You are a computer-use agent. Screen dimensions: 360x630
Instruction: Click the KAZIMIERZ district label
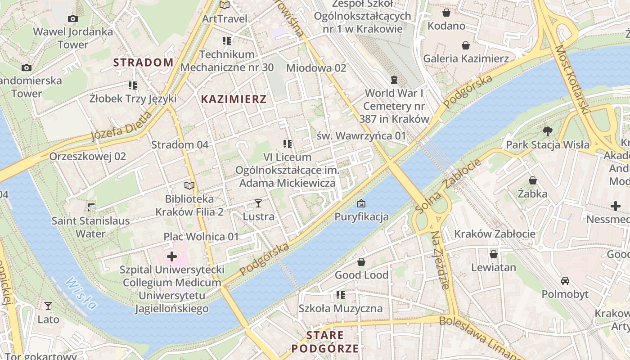point(234,99)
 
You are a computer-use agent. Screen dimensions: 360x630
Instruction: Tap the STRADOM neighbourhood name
point(143,63)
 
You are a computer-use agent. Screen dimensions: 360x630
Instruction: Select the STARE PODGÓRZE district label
point(325,342)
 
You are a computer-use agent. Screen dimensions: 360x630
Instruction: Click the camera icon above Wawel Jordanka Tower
point(72,18)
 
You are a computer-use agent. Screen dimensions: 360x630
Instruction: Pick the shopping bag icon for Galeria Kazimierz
point(466,45)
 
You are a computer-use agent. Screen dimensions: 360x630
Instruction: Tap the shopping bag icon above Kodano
point(446,13)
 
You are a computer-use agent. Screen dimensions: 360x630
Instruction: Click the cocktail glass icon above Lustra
point(258,203)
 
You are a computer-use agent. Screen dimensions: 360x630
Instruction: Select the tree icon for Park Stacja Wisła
point(547,131)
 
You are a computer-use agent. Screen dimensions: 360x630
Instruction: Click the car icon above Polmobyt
point(565,281)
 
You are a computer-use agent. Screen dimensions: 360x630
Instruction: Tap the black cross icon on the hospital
point(172,256)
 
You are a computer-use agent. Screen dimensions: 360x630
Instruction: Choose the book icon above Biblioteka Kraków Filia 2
point(189,185)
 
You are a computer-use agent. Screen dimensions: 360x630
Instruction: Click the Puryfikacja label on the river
point(361,217)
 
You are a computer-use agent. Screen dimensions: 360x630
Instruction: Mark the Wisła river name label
point(81,293)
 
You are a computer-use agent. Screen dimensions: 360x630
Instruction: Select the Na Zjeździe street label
point(440,260)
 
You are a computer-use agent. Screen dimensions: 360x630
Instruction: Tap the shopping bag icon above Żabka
point(532,181)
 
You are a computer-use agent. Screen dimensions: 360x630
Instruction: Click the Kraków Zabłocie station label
point(495,234)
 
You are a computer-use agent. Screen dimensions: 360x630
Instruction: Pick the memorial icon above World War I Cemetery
point(394,80)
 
